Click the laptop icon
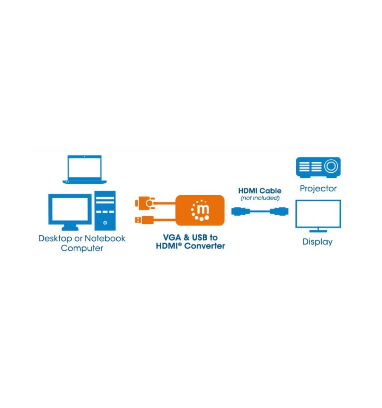click(x=84, y=169)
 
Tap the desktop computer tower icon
click(x=105, y=211)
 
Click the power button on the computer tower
click(x=105, y=223)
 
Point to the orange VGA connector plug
click(x=145, y=203)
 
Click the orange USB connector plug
click(x=144, y=220)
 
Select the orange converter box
click(x=200, y=210)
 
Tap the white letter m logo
click(x=203, y=209)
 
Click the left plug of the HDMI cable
click(x=241, y=211)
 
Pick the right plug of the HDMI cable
click(x=279, y=211)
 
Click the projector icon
click(x=318, y=167)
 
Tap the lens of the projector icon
click(x=331, y=166)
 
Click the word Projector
click(x=318, y=188)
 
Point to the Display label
click(x=317, y=242)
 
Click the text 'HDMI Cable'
click(x=260, y=191)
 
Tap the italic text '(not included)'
click(x=260, y=198)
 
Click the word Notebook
click(x=105, y=238)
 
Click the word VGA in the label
click(x=172, y=237)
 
